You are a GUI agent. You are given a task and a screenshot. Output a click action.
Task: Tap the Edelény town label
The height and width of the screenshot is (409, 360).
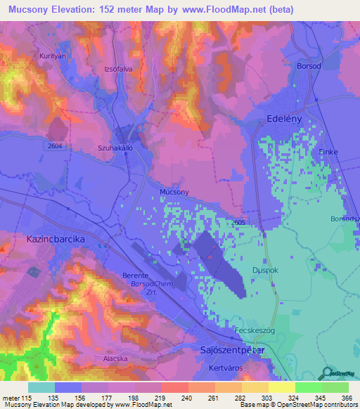pos(288,119)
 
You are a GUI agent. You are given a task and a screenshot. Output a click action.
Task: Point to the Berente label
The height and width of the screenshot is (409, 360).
pos(135,275)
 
